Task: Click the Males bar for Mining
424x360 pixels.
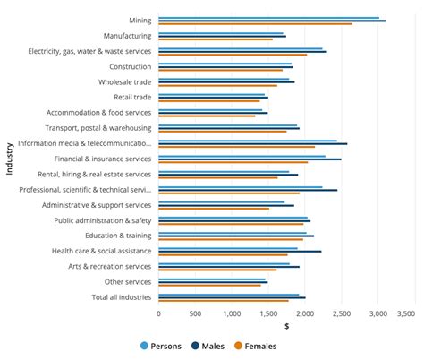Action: click(272, 20)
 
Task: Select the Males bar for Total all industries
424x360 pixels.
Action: click(232, 297)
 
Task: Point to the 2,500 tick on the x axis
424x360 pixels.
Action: click(341, 314)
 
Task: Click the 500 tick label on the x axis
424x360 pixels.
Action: click(195, 314)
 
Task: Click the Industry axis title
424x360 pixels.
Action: click(9, 158)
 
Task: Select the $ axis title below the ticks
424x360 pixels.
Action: click(286, 326)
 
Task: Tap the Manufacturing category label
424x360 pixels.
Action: click(127, 36)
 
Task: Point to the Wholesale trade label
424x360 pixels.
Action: click(124, 81)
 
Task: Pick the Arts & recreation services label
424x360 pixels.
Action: click(109, 266)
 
